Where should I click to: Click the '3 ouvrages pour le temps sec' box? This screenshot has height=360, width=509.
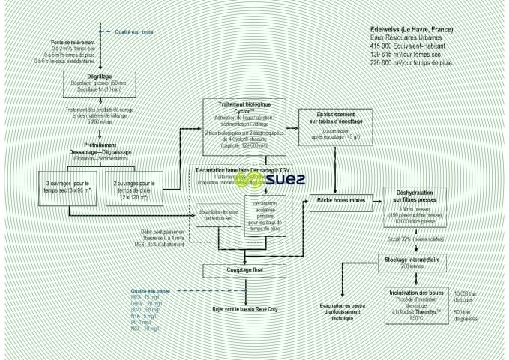tap(68, 187)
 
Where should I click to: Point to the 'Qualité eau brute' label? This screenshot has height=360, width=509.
tap(134, 32)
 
